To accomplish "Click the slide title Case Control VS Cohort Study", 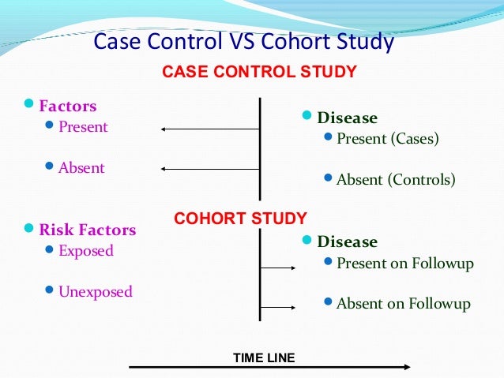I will (243, 41).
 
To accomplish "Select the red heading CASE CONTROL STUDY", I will (259, 73).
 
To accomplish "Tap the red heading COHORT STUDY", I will (240, 218).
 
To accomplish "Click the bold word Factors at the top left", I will (68, 106).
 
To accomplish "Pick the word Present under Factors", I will (83, 126).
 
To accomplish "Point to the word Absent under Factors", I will (81, 168).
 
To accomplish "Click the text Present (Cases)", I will (387, 139).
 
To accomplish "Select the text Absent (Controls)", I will (396, 180).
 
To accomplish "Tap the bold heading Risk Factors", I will (88, 230).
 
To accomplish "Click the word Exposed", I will (86, 251).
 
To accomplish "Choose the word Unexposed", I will (96, 292).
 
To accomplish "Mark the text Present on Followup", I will (404, 264).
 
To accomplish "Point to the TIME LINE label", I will (264, 358).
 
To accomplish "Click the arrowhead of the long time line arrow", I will (406, 367).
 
